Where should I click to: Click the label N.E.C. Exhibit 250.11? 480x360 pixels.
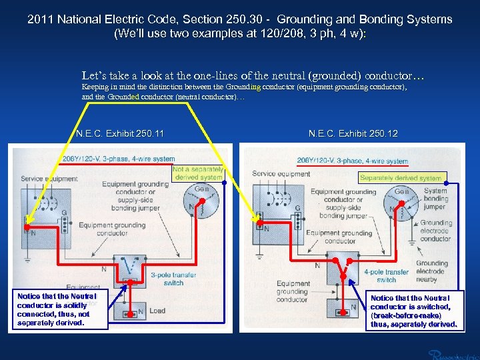coord(120,134)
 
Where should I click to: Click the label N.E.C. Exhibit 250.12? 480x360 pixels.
coord(353,134)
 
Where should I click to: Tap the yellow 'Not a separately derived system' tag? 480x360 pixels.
coord(197,173)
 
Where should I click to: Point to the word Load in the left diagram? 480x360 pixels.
coord(157,311)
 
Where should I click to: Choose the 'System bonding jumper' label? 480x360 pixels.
coord(435,199)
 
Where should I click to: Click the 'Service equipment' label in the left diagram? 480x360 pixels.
coord(50,179)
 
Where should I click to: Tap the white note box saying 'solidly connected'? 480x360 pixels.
coord(57,309)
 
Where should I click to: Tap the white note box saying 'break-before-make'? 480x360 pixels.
coord(413,311)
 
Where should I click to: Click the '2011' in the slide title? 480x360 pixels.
coord(40,20)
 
